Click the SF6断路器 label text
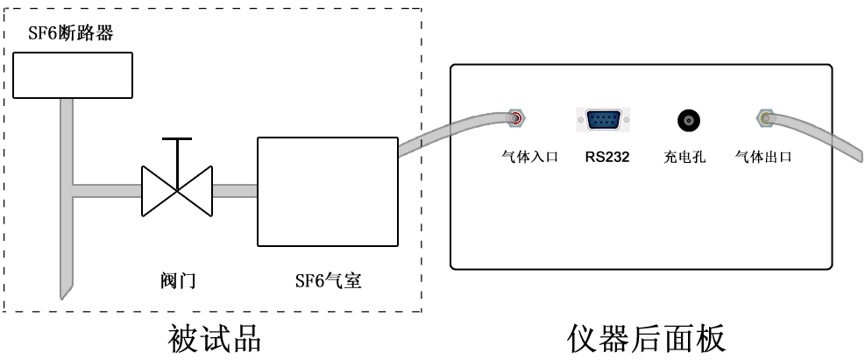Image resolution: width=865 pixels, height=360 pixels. (71, 33)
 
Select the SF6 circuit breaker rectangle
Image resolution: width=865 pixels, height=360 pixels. (73, 75)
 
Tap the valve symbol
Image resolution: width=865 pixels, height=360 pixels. (176, 191)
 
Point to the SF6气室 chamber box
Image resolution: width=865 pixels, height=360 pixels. (328, 191)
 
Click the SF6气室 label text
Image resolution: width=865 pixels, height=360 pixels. (329, 281)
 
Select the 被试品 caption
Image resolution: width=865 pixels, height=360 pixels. (214, 338)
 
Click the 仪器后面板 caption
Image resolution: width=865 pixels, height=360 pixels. (646, 338)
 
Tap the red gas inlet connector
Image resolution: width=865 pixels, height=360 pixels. (516, 118)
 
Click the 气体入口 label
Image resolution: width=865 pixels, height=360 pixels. (529, 157)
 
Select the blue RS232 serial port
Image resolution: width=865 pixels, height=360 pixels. (603, 120)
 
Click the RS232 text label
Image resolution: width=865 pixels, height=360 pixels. (607, 157)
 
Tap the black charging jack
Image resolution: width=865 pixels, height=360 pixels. (688, 120)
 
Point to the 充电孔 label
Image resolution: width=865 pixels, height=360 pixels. (684, 157)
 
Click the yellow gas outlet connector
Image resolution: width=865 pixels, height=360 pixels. (764, 118)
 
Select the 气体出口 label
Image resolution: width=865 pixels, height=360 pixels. (763, 157)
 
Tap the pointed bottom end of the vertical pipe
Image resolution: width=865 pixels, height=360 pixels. (63, 299)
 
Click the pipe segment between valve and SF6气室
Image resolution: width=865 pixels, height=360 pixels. (235, 191)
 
